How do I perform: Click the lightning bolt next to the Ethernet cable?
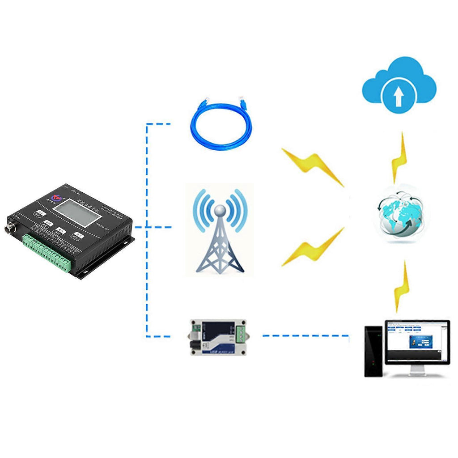coord(313,166)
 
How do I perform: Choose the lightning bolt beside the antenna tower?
coord(313,248)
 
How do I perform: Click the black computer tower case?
coord(373,351)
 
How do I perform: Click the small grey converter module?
coord(218,337)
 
